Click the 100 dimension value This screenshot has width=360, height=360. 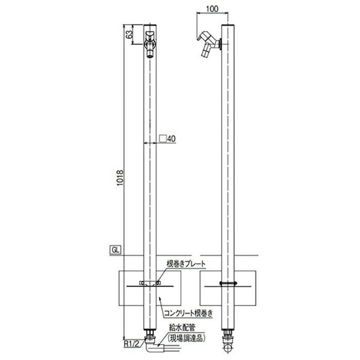tap(212, 9)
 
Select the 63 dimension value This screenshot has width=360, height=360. tap(130, 34)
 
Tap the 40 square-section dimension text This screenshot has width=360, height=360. tap(171, 139)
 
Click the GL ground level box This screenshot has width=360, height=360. tap(116, 250)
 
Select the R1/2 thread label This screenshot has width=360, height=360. tap(132, 344)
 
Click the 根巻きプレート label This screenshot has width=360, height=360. tap(186, 264)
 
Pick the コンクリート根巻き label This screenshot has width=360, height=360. tap(188, 313)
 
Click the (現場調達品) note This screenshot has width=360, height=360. tap(186, 338)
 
